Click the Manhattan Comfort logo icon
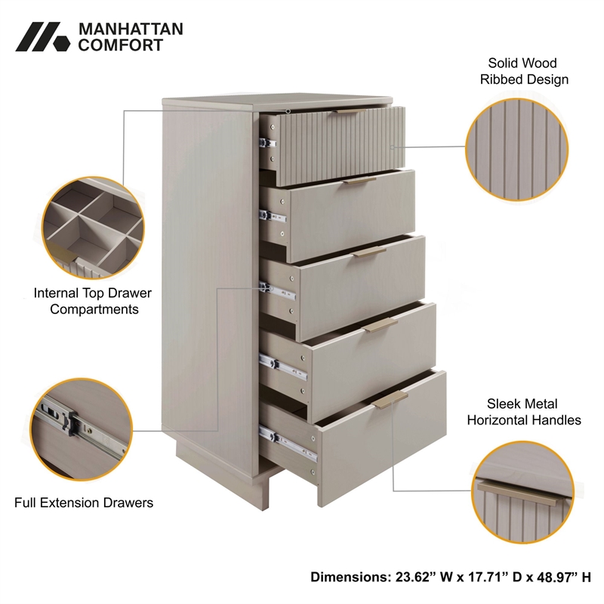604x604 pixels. pyautogui.click(x=42, y=37)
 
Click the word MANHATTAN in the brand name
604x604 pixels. pyautogui.click(x=131, y=29)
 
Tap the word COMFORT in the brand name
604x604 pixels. pyautogui.click(x=121, y=45)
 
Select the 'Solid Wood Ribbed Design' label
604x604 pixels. pyautogui.click(x=523, y=72)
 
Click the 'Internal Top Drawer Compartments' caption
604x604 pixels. pyautogui.click(x=92, y=300)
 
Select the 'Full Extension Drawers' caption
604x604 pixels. pyautogui.click(x=84, y=502)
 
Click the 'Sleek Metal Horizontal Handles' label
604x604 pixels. pyautogui.click(x=524, y=412)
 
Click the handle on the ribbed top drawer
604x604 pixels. pyautogui.click(x=351, y=112)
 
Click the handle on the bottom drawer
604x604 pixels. pyautogui.click(x=390, y=399)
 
